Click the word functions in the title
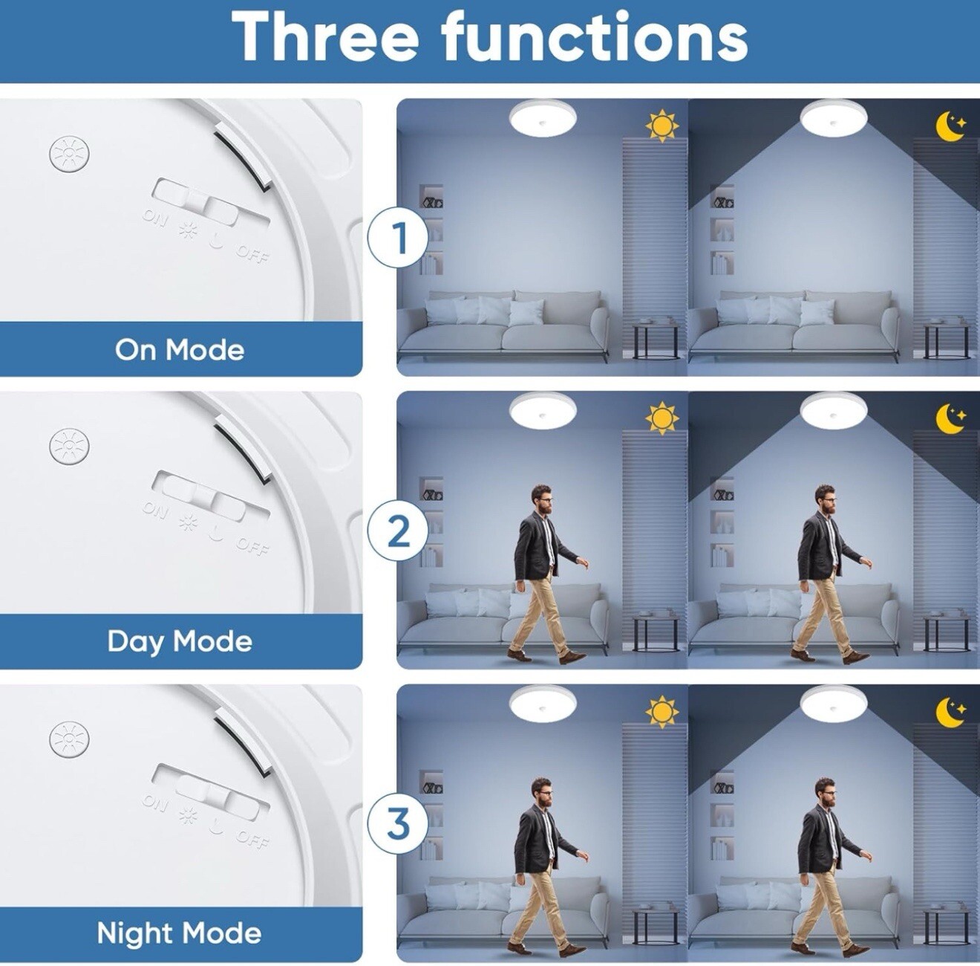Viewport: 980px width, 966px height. click(x=595, y=36)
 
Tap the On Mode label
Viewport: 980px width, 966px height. click(x=180, y=350)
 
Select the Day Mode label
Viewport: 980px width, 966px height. click(x=180, y=641)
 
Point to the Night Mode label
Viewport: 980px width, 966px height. click(x=179, y=933)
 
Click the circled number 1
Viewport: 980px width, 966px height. click(x=398, y=239)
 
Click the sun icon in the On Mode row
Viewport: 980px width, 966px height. click(x=661, y=127)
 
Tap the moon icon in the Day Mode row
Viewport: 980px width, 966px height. click(x=950, y=418)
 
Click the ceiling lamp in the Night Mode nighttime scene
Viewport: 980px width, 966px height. click(x=833, y=705)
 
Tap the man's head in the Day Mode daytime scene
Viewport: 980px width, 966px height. click(x=542, y=499)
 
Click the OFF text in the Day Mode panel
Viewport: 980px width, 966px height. click(x=252, y=548)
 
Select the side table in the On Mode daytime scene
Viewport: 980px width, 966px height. click(x=656, y=339)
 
